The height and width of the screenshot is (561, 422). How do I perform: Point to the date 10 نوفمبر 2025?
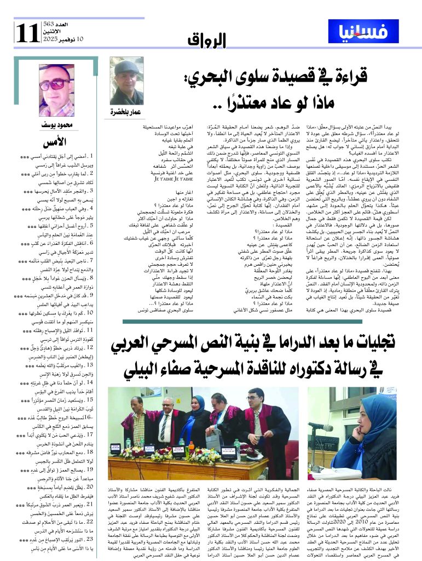pyautogui.click(x=62, y=39)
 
